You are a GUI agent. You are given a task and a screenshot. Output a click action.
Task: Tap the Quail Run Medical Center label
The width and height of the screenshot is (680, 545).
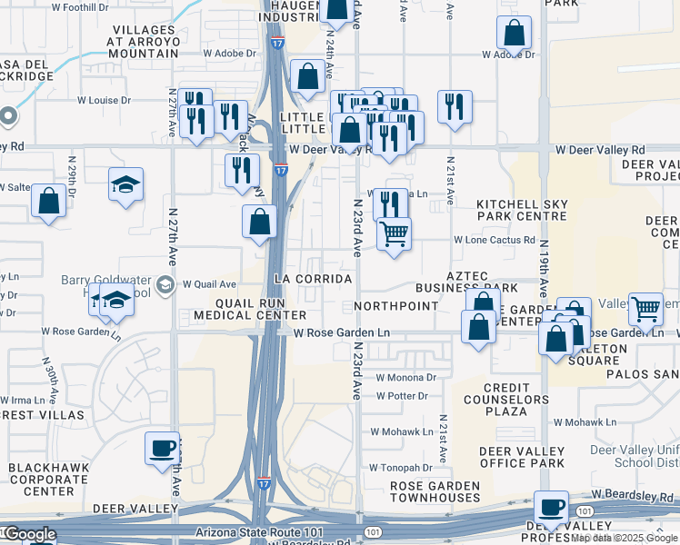click(238, 309)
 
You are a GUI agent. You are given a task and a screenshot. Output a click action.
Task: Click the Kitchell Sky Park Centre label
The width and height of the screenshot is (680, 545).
click(523, 211)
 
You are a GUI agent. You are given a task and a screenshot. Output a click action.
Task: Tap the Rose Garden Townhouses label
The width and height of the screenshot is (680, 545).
click(435, 491)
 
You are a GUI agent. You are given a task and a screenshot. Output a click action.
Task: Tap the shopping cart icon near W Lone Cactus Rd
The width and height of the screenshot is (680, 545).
click(394, 234)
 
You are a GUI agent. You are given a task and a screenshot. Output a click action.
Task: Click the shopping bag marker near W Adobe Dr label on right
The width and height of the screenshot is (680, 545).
click(514, 34)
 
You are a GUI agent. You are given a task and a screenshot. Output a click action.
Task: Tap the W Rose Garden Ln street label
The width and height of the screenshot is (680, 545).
click(342, 333)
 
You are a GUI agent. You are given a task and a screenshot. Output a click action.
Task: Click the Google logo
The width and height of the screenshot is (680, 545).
click(29, 534)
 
